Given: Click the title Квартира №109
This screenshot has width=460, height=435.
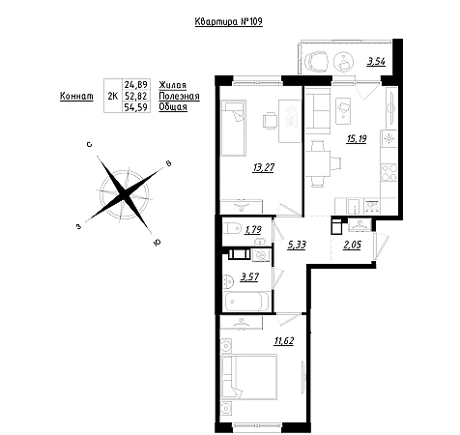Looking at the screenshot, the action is tap(229, 21).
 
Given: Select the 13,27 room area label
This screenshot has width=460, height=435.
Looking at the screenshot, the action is tap(264, 167).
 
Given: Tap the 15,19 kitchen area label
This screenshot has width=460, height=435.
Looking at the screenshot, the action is tap(357, 139).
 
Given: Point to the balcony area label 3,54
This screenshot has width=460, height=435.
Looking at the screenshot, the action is tap(376, 61).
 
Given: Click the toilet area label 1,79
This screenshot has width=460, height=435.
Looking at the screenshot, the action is tap(253, 230).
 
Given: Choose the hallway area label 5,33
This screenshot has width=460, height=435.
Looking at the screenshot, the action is tap(297, 245).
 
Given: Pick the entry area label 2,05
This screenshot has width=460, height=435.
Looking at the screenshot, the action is tap(352, 245).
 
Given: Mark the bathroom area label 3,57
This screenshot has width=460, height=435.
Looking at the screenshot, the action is tap(249, 276).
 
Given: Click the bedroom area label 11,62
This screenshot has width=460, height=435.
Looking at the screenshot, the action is tap(284, 340).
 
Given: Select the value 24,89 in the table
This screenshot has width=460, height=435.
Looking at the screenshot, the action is tap(136, 85).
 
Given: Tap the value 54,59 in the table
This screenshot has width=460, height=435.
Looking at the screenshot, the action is tap(136, 107).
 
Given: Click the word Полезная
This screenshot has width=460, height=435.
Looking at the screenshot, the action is tap(179, 96).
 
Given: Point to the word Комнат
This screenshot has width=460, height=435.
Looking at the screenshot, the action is tap(76, 96).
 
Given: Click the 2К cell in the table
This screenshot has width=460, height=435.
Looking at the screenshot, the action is tap(113, 96).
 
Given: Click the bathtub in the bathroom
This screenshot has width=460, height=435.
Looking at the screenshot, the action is tap(246, 302).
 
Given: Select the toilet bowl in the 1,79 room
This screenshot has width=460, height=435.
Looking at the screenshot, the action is tap(233, 229).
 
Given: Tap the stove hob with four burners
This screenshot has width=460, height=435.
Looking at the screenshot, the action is tap(388, 172).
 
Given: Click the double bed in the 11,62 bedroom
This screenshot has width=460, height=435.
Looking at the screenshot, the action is tap(249, 377).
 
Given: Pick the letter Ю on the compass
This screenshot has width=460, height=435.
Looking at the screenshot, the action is tap(158, 243).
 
